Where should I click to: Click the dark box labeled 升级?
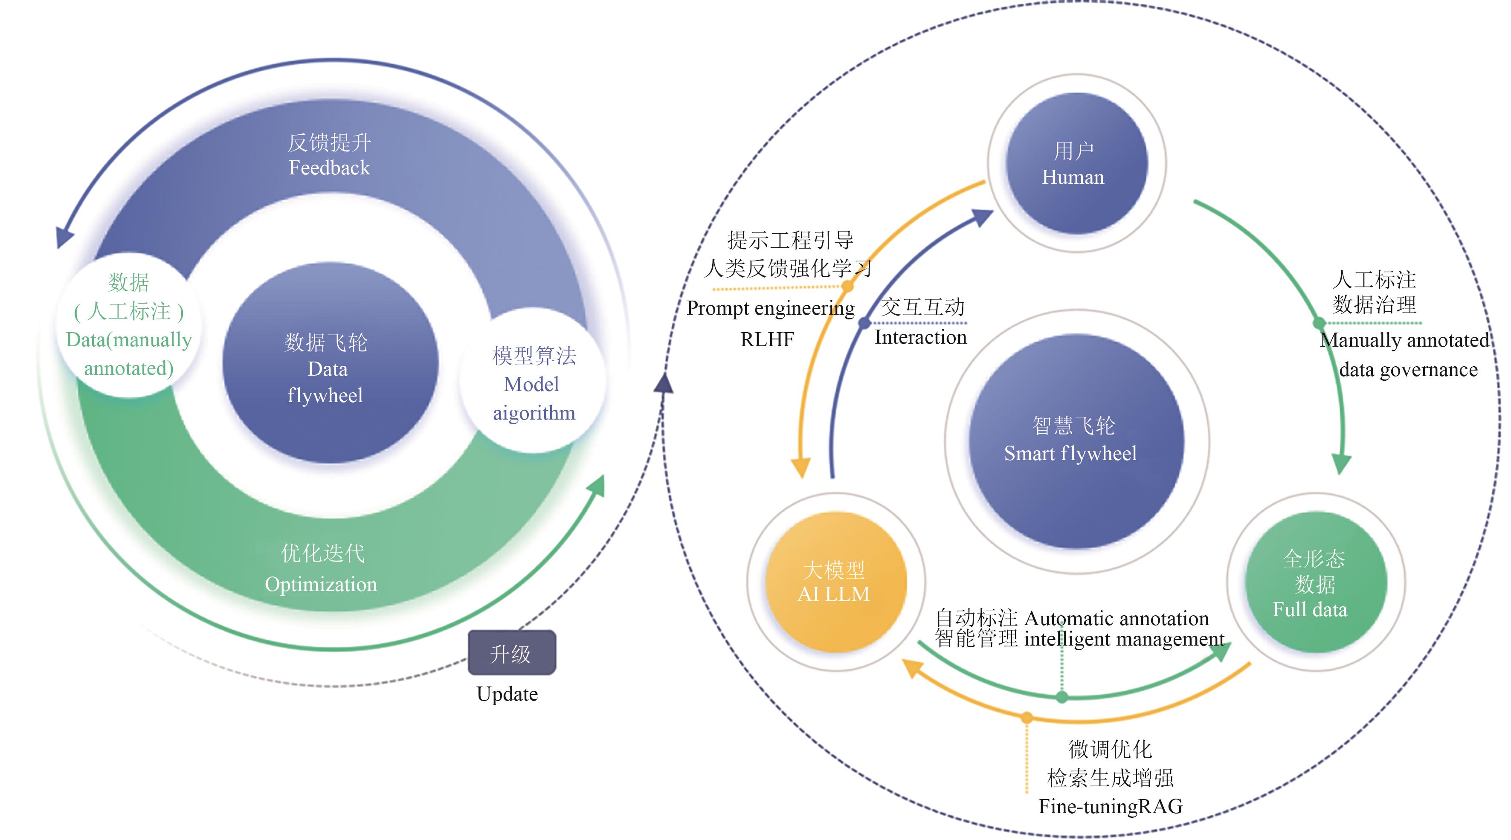pyautogui.click(x=511, y=652)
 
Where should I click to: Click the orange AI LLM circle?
pyautogui.click(x=835, y=582)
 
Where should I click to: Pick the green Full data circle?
pyautogui.click(x=1315, y=582)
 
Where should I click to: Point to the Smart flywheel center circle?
pyautogui.click(x=1076, y=441)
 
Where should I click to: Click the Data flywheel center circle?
pyautogui.click(x=330, y=364)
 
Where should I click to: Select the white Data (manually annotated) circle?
pyautogui.click(x=129, y=326)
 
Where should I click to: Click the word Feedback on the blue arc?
pyautogui.click(x=329, y=168)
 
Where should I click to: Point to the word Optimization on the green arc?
pyautogui.click(x=321, y=584)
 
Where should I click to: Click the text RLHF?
pyautogui.click(x=767, y=339)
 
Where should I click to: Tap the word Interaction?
pyautogui.click(x=920, y=337)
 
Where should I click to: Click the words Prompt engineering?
pyautogui.click(x=770, y=308)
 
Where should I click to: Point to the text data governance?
pyautogui.click(x=1408, y=370)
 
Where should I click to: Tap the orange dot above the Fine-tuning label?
pyautogui.click(x=1027, y=717)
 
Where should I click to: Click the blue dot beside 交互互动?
pyautogui.click(x=864, y=323)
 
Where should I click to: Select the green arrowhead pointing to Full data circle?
pyautogui.click(x=1341, y=463)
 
